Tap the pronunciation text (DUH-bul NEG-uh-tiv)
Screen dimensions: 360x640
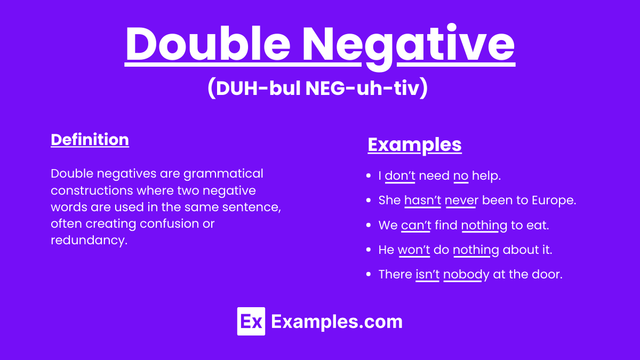click(317, 89)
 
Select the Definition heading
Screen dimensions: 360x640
click(90, 140)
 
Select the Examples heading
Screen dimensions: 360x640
click(414, 145)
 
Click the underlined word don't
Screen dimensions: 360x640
click(400, 176)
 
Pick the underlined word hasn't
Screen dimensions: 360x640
click(422, 201)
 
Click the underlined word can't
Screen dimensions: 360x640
click(416, 225)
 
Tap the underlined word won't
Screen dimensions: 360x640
click(414, 250)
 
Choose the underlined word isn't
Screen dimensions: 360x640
click(427, 274)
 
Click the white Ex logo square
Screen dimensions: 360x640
click(251, 322)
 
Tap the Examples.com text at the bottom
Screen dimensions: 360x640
click(337, 322)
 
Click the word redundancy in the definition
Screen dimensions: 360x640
click(88, 240)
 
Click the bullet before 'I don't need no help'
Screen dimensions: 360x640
click(368, 176)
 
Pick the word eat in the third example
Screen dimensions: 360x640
click(539, 225)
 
